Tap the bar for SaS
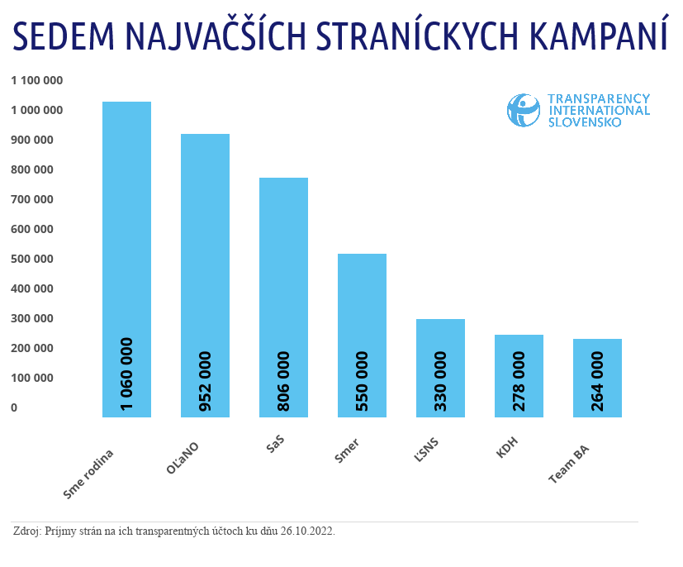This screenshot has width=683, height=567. click(x=283, y=273)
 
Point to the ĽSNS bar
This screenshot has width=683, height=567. click(x=440, y=335)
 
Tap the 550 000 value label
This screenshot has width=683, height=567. click(x=362, y=381)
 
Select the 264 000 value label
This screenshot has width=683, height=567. click(x=597, y=381)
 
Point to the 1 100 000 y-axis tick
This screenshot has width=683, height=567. click(x=37, y=81)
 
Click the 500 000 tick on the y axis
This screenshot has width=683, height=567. click(x=32, y=259)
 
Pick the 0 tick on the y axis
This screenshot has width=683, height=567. click(x=14, y=407)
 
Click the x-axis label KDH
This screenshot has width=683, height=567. click(x=507, y=452)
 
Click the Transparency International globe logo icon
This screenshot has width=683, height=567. click(x=523, y=110)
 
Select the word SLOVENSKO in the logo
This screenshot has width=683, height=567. click(x=586, y=122)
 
